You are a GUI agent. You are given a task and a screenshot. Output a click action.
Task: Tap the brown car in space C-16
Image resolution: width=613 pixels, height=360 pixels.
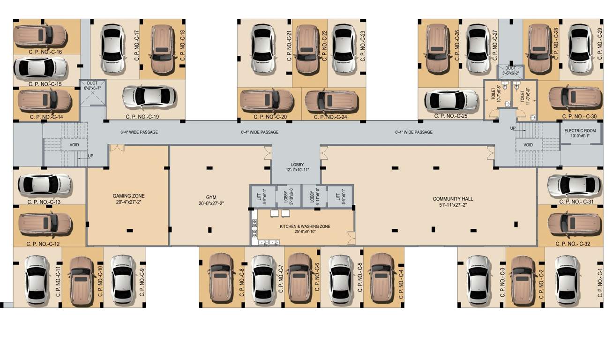pyautogui.click(x=39, y=35)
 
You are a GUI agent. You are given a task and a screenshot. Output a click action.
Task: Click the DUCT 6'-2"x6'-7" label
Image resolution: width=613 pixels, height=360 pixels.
pyautogui.click(x=92, y=85)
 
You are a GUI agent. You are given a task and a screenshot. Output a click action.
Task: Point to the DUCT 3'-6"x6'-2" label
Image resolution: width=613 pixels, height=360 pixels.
pyautogui.click(x=510, y=71)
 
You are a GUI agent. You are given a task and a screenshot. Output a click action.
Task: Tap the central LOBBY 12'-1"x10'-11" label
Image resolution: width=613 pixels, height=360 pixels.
pyautogui.click(x=297, y=167)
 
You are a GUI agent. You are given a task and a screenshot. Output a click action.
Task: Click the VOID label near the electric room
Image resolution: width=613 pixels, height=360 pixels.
pyautogui.click(x=528, y=145)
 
